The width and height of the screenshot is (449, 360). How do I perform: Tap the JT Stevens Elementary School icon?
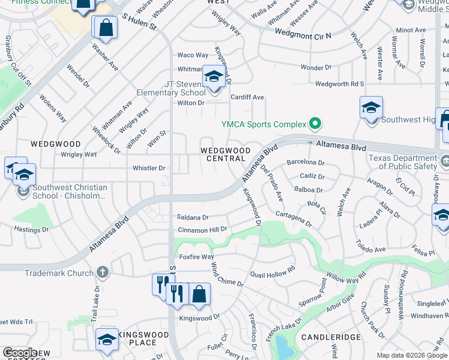click(x=213, y=76)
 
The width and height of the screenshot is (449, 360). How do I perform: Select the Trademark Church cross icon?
click(x=103, y=273)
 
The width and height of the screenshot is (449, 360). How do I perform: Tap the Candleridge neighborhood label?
click(x=327, y=338)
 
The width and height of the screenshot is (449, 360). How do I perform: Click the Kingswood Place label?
click(x=137, y=338)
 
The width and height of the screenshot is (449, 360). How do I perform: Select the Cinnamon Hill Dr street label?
click(x=202, y=230)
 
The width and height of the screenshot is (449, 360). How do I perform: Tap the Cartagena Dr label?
click(x=294, y=218)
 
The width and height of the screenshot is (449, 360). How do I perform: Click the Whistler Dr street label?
click(x=149, y=169)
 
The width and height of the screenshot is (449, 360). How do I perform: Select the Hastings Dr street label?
click(x=31, y=230)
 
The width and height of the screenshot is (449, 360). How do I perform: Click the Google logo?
click(x=20, y=353)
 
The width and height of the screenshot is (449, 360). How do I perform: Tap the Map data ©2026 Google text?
click(x=411, y=355)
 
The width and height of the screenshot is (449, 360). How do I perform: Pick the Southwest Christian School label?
click(x=62, y=191)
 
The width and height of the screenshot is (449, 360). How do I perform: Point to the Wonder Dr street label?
click(x=316, y=68)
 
